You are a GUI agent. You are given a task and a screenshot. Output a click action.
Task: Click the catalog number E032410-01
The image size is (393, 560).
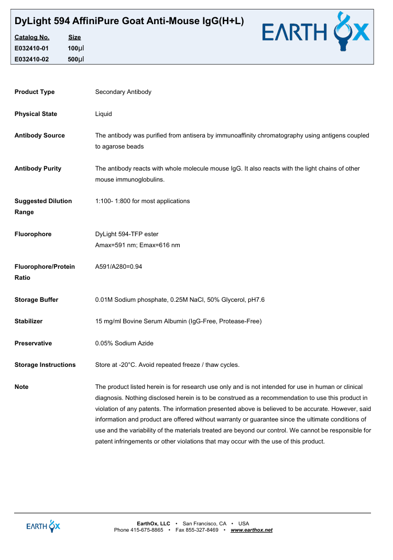[31, 48]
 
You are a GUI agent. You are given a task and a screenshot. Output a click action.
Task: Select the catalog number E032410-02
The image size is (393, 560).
[31, 59]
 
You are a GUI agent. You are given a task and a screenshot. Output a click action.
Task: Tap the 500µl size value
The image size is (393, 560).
[76, 59]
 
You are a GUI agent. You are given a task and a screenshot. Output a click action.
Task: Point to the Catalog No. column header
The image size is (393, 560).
[32, 37]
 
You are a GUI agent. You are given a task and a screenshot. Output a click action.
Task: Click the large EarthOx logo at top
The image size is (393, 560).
[316, 33]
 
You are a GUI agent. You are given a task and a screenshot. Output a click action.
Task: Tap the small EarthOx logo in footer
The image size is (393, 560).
[43, 526]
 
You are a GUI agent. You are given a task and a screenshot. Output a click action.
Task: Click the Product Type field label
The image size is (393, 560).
[35, 92]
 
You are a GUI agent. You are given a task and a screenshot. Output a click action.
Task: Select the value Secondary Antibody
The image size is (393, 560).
[123, 92]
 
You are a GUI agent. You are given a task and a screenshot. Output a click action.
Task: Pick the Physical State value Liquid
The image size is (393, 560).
[103, 114]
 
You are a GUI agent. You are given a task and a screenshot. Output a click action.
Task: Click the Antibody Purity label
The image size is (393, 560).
[38, 168]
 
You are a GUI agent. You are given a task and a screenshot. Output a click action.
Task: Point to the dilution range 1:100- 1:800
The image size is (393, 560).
[143, 201]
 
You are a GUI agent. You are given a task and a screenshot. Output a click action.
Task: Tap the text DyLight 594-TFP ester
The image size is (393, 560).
[127, 234]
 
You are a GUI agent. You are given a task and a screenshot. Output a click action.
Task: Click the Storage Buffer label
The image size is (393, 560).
[36, 300]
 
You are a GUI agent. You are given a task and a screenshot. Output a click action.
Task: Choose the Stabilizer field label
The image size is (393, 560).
[28, 321]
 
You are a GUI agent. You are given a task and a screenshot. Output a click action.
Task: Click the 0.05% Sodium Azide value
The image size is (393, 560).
[124, 343]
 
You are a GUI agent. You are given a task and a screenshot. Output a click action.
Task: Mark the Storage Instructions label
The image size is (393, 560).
[45, 365]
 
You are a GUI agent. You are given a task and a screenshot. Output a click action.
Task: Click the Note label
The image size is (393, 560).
[21, 387]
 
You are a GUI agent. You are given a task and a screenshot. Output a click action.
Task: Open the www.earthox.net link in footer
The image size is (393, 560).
[252, 530]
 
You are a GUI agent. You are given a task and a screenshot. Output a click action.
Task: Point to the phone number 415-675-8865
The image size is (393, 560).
[147, 530]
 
